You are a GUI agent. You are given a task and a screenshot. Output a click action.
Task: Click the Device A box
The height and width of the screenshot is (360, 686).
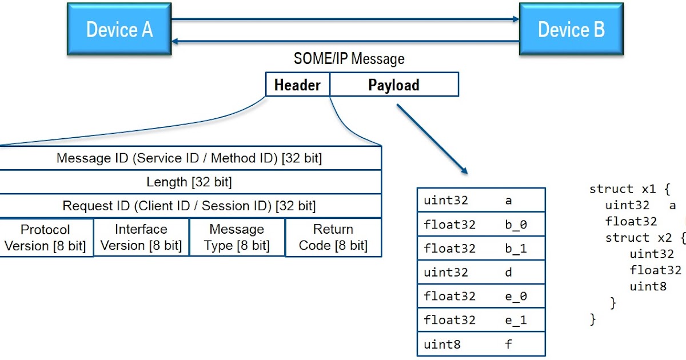click(119, 29)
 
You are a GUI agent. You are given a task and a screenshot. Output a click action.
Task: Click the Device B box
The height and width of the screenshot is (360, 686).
click(571, 29)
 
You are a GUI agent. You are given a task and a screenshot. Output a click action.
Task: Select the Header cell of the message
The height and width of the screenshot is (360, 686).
click(297, 85)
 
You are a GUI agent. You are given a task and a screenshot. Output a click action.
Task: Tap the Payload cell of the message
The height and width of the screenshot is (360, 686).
click(394, 85)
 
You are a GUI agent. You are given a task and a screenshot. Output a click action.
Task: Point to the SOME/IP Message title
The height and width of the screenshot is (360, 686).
click(349, 59)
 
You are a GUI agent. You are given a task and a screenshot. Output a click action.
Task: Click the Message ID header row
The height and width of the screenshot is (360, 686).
click(189, 158)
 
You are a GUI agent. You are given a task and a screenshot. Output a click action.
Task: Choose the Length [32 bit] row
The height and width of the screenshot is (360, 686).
click(189, 182)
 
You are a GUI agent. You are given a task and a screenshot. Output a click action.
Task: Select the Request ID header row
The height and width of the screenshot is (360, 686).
click(189, 206)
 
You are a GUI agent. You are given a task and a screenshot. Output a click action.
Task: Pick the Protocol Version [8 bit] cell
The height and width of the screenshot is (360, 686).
click(45, 238)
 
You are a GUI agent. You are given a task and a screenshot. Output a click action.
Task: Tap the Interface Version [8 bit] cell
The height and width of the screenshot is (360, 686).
click(141, 238)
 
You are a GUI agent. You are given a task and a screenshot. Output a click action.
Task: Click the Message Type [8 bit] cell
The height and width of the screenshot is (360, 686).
click(237, 238)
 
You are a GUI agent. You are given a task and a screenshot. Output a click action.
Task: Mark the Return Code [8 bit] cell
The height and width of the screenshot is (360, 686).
click(333, 238)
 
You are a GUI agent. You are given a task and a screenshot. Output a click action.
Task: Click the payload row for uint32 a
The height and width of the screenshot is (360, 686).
click(481, 200)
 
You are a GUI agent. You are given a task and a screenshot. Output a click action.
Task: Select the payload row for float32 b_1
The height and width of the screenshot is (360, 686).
click(481, 249)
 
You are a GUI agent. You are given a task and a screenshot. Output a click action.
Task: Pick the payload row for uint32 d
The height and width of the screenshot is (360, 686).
click(481, 273)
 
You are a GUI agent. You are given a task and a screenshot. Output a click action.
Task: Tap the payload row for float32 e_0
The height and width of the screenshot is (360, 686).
click(481, 297)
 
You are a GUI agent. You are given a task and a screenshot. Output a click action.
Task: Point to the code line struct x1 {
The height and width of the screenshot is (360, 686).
click(629, 189)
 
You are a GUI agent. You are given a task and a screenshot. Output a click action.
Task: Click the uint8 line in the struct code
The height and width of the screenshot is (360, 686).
click(648, 286)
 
